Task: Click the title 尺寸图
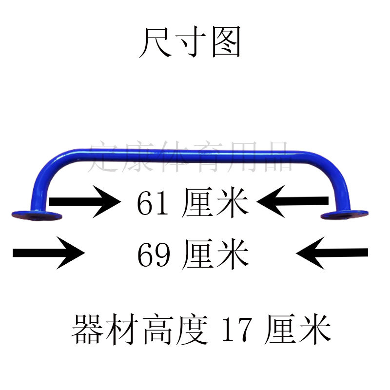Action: click(x=190, y=42)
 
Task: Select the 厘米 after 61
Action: click(x=214, y=204)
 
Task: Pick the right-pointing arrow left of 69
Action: click(x=49, y=252)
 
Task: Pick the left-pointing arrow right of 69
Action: click(x=331, y=252)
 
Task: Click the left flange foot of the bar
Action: click(x=37, y=214)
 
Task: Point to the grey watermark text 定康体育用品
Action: click(x=190, y=156)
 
